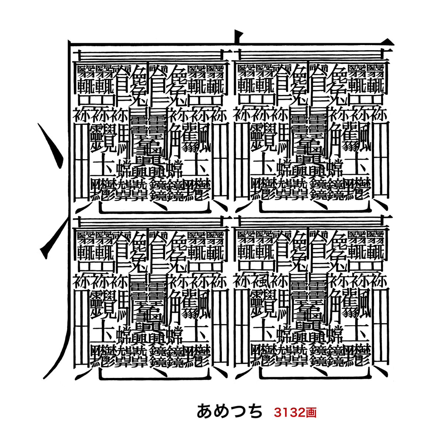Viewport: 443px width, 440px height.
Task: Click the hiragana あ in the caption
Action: [x=205, y=411]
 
